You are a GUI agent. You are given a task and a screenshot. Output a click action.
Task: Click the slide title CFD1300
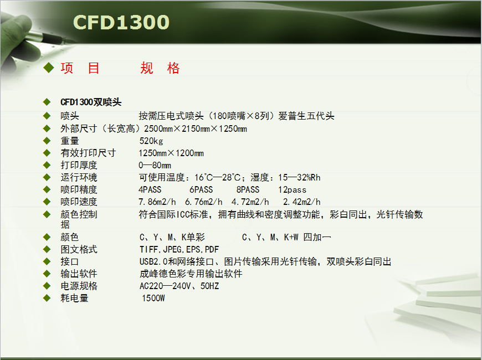121,22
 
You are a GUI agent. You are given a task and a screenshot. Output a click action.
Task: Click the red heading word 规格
160,68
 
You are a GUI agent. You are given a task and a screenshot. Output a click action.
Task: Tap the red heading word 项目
80,68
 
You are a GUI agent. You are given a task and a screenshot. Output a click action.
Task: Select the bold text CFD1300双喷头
91,102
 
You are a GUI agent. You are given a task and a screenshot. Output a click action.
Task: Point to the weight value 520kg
151,141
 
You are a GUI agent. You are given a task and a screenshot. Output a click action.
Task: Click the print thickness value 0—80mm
155,166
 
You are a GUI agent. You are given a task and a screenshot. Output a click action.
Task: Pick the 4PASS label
150,189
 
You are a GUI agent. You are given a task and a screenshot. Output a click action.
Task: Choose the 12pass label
293,190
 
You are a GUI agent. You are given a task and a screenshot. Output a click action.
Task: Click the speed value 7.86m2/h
157,202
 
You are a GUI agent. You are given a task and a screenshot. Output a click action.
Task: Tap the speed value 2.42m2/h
302,202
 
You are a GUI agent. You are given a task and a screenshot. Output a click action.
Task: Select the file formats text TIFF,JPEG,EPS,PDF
179,249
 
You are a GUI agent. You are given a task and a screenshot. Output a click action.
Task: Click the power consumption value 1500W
153,298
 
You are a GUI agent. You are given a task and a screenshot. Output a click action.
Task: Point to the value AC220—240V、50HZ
179,286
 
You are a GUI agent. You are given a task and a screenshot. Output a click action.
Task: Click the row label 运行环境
79,177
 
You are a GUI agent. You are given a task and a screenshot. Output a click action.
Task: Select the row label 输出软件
79,274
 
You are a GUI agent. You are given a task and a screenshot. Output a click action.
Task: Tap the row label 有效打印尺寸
88,153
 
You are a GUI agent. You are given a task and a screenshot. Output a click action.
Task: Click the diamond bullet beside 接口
47,261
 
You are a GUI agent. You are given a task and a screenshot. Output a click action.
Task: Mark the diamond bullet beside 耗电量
47,298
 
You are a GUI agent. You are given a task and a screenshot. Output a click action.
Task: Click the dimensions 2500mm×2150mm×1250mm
196,128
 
